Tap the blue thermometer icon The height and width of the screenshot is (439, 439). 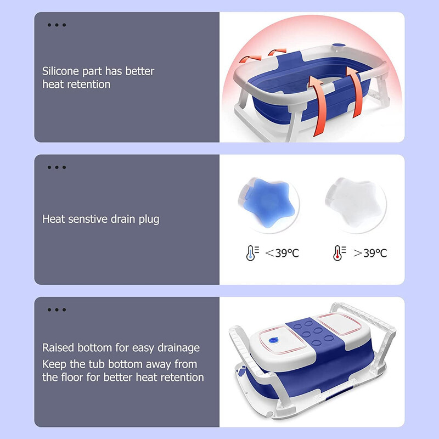pos(251,253)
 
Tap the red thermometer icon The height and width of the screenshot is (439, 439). pos(339,253)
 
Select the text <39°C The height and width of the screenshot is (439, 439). pos(282,253)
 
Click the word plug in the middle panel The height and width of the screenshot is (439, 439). pos(149,219)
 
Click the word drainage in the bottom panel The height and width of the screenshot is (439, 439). pos(177,348)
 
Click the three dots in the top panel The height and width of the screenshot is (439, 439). pos(57,25)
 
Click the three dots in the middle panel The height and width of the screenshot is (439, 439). pos(57,167)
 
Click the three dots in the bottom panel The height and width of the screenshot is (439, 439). pos(57,310)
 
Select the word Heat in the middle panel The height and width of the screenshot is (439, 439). pos(53,219)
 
